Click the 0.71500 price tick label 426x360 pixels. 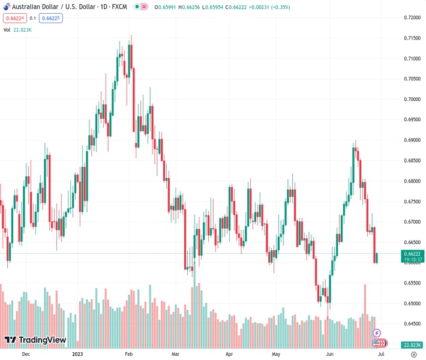tap(411, 38)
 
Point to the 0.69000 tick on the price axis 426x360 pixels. tap(411, 140)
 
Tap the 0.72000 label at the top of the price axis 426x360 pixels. tap(411, 17)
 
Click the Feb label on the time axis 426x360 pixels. tap(128, 354)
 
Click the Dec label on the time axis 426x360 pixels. tap(26, 354)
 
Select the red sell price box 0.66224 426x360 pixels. tap(13, 18)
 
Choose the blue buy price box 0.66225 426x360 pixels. tap(51, 18)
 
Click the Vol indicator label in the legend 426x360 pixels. tap(7, 29)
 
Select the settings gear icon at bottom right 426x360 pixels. tap(413, 354)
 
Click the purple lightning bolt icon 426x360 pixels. tap(377, 333)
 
